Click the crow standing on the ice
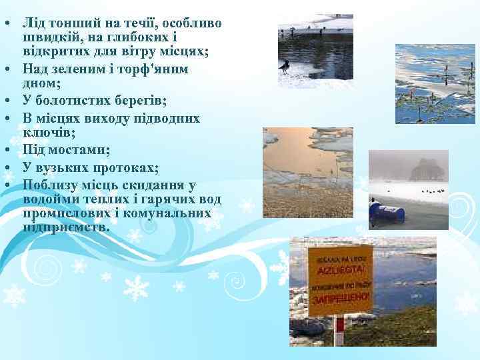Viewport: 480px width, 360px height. pos(285,66)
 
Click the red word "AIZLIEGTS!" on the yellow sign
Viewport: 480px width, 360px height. pos(339,270)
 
